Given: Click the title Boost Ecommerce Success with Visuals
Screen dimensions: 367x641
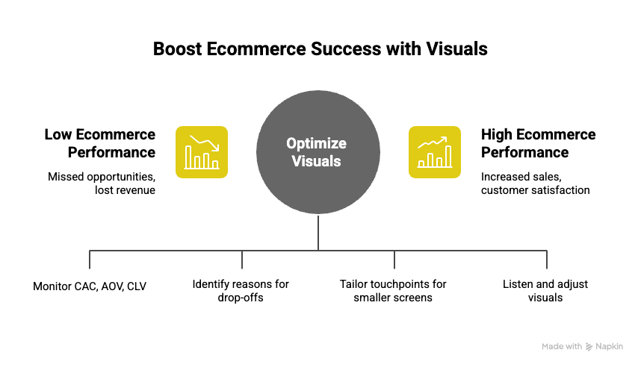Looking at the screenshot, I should point(320,49).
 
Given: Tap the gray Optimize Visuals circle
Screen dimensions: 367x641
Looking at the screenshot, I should point(318,172).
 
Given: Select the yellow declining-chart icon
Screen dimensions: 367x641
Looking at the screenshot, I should point(202,152).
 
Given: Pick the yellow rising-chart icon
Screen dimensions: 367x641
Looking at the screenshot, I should point(435,152).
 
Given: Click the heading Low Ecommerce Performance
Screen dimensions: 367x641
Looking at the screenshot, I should point(100,143).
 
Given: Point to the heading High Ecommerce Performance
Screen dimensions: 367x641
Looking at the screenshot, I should point(538,143).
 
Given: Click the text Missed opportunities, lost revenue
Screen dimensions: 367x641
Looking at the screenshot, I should point(102,183).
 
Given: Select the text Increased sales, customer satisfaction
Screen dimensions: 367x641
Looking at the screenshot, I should point(535,183).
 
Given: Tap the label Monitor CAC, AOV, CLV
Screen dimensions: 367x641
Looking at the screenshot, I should point(90,286).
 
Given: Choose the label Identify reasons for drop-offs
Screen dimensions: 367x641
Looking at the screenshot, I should point(241,291).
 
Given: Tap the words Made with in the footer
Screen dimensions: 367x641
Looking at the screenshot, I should point(562,346).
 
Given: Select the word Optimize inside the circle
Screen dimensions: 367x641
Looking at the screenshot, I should point(318,143).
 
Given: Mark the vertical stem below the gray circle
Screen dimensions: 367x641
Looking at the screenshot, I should point(318,233).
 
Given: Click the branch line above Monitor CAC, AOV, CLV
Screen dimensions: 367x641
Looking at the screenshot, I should point(90,258).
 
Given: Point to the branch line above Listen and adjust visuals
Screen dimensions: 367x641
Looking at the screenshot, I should point(547,258).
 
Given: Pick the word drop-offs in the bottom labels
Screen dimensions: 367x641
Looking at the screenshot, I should point(241,298).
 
